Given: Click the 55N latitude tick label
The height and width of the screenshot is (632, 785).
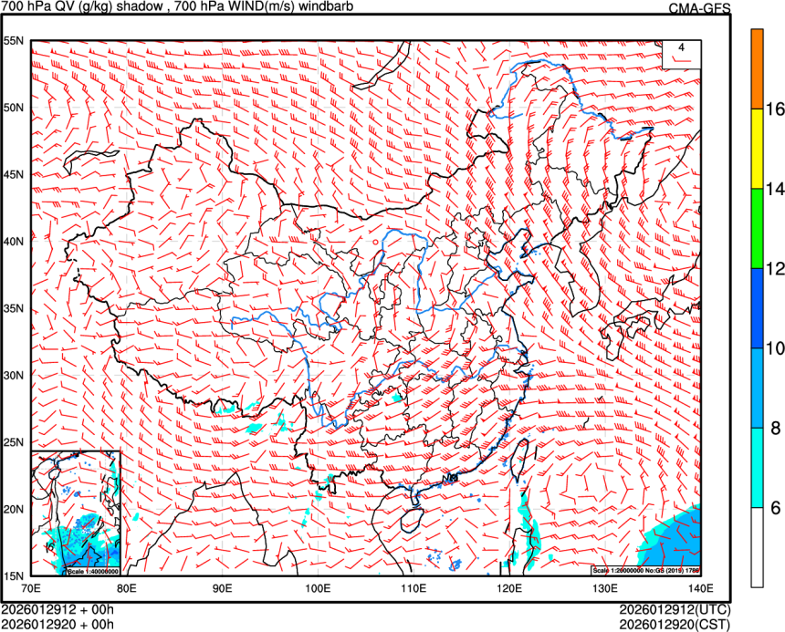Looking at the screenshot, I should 16,41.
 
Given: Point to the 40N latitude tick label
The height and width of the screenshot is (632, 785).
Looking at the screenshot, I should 16,242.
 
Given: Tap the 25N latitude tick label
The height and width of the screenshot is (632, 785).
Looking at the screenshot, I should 16,442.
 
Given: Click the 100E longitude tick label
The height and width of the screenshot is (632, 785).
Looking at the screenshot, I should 319,588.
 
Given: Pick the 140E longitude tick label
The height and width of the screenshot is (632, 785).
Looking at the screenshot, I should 701,588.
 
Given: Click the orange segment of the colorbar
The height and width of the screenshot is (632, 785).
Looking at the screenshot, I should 757,69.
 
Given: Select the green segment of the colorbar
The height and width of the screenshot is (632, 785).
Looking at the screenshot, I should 757,228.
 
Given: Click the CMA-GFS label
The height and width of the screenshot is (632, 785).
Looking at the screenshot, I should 699,8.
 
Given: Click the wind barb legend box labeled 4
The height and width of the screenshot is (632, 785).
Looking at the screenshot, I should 682,54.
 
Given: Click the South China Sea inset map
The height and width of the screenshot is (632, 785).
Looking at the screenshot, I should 76,513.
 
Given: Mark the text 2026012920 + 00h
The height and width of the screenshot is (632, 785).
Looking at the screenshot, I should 57,624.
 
